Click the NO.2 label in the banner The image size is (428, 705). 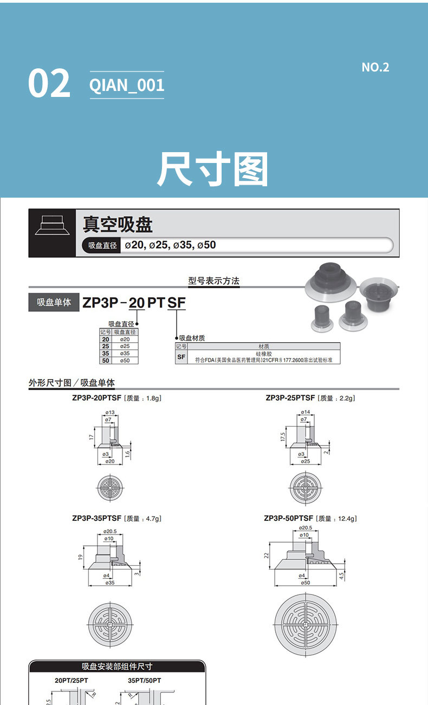pyautogui.click(x=375, y=67)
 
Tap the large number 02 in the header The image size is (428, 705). pyautogui.click(x=49, y=84)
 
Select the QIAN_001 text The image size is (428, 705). pyautogui.click(x=126, y=85)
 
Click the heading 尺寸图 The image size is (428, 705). pyautogui.click(x=213, y=169)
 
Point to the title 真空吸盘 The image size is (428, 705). pyautogui.click(x=118, y=224)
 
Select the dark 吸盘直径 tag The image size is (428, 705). pyautogui.click(x=102, y=245)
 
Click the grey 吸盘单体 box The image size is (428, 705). pyautogui.click(x=54, y=302)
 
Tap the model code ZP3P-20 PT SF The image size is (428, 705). pyautogui.click(x=134, y=303)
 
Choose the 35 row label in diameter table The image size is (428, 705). pyautogui.click(x=106, y=353)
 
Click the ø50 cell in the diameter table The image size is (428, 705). pyautogui.click(x=125, y=360)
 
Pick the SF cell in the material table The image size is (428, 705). pyautogui.click(x=181, y=357)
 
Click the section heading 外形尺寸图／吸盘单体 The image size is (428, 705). pyautogui.click(x=72, y=383)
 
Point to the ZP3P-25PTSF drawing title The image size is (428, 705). pyautogui.click(x=291, y=398)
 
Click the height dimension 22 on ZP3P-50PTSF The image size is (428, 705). pyautogui.click(x=267, y=556)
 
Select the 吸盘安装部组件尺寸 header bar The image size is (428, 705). pyautogui.click(x=117, y=667)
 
